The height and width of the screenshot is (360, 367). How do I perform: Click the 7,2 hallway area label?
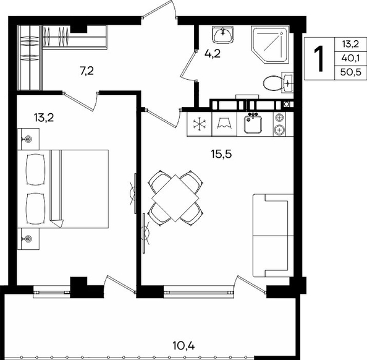click(87, 71)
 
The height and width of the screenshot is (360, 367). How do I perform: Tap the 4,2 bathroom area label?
click(213, 54)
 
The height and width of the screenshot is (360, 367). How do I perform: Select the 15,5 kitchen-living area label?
click(221, 154)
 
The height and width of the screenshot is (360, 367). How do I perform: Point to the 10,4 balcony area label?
click(183, 346)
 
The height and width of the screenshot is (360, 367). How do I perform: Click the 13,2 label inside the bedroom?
click(44, 118)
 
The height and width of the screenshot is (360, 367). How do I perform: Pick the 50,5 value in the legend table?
click(350, 72)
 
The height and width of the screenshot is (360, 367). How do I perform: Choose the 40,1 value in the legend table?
click(350, 58)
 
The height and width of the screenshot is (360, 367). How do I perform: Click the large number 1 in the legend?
click(319, 59)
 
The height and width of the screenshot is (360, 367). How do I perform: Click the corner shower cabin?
click(271, 44)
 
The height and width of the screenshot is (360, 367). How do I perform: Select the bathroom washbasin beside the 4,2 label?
click(222, 35)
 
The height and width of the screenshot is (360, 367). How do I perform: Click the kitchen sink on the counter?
click(253, 124)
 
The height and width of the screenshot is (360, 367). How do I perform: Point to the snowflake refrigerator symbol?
click(200, 124)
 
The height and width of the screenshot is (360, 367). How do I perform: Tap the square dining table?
click(175, 198)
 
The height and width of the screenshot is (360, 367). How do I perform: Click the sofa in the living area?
click(273, 235)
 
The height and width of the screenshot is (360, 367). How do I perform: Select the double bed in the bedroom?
click(63, 189)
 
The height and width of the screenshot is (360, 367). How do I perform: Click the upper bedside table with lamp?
click(28, 139)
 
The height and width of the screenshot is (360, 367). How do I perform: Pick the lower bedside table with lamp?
click(28, 239)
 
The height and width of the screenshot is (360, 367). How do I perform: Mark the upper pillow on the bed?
click(35, 169)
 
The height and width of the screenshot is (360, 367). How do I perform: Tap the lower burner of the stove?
click(279, 130)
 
